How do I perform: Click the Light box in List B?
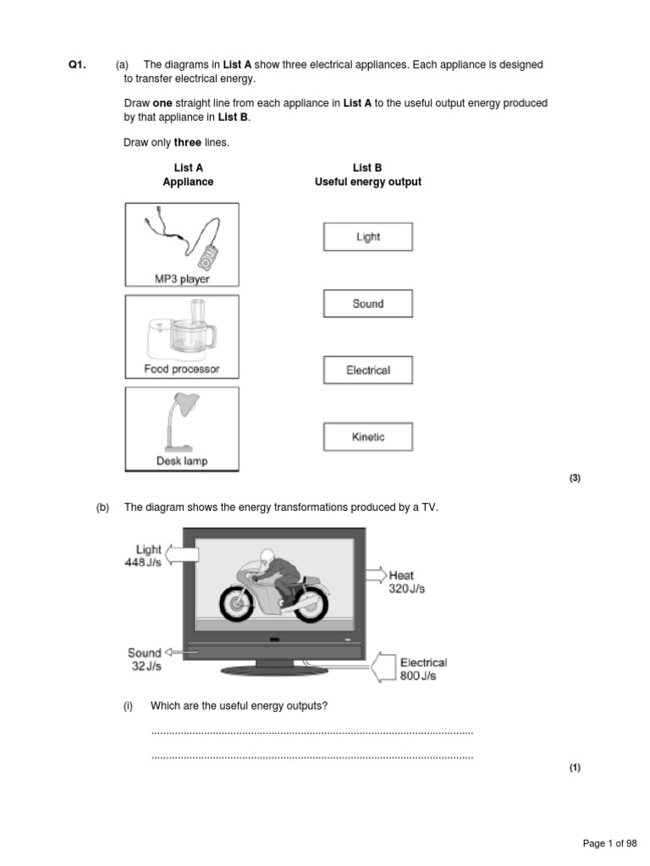pos(368,237)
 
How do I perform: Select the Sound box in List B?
pos(368,304)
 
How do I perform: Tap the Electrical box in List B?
pos(368,370)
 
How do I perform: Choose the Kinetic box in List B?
pos(368,437)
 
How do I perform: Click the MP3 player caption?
pos(182,278)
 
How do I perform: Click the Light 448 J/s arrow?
pos(181,554)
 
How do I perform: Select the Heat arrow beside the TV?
pos(375,574)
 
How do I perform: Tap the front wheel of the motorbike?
pos(238,603)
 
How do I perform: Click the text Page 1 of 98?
pos(609,843)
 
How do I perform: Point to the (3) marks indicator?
pos(575,478)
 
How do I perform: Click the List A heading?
pos(188,168)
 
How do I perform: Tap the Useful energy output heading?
pos(367,182)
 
